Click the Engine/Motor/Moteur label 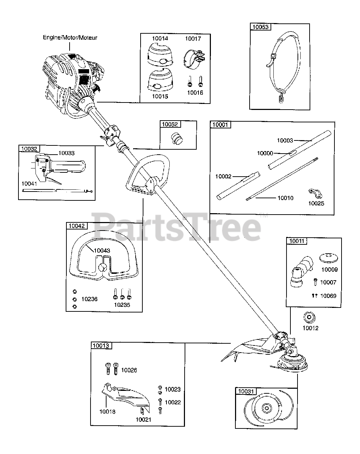(70, 38)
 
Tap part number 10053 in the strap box (261, 27)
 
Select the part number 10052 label (170, 124)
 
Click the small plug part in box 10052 (177, 138)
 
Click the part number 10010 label (285, 198)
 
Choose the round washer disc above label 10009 (328, 258)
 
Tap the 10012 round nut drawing (309, 317)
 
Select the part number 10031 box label (246, 391)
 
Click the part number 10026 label (129, 370)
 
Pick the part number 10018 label (108, 411)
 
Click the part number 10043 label (102, 250)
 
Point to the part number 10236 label (89, 299)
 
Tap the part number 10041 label (29, 184)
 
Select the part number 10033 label (66, 153)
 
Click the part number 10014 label (160, 38)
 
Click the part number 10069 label (328, 296)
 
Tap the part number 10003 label (285, 140)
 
